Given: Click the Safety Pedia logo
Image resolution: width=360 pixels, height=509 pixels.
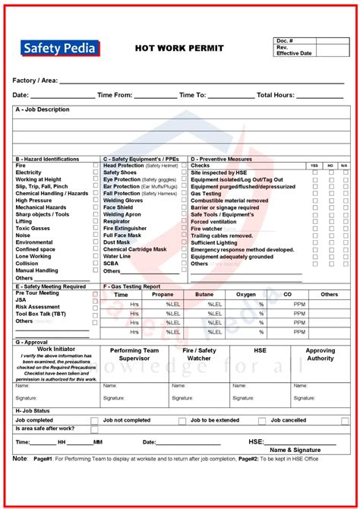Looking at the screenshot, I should pyautogui.click(x=60, y=49).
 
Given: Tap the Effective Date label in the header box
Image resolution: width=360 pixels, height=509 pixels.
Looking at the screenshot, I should pyautogui.click(x=294, y=53).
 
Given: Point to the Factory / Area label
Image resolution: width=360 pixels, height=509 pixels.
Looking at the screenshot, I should pyautogui.click(x=35, y=80).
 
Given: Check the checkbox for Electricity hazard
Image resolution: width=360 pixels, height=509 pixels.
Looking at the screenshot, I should pyautogui.click(x=96, y=172).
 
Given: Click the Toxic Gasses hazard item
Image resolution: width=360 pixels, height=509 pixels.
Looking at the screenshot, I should pyautogui.click(x=33, y=228).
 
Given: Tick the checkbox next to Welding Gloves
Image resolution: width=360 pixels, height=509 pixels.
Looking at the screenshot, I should pyautogui.click(x=184, y=201).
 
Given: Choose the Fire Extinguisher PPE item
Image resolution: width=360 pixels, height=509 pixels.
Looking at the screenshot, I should pyautogui.click(x=125, y=229).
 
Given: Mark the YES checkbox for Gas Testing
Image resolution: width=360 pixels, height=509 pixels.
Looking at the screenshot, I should pyautogui.click(x=315, y=194).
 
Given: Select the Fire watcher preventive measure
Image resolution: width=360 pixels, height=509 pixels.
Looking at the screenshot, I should pyautogui.click(x=207, y=229).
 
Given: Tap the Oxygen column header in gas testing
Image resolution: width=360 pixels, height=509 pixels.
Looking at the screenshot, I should pyautogui.click(x=245, y=294).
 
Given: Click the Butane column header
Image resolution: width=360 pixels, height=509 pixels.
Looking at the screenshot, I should pyautogui.click(x=204, y=294).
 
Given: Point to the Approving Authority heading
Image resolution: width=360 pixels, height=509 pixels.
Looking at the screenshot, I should pyautogui.click(x=320, y=354).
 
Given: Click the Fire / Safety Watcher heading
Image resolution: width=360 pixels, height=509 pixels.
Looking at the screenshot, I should pyautogui.click(x=199, y=354).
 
